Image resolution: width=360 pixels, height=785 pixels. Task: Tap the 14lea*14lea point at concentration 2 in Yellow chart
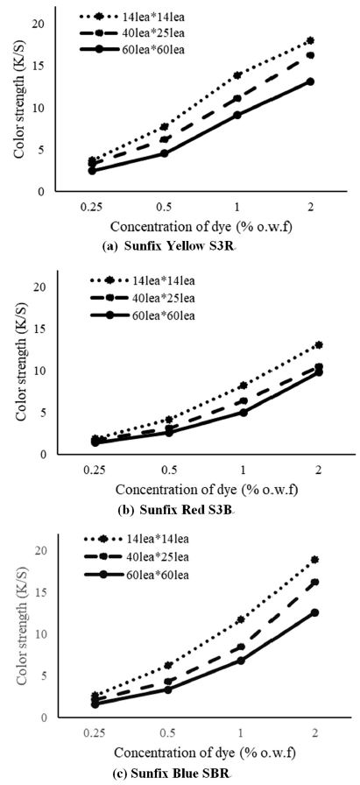pyautogui.click(x=310, y=41)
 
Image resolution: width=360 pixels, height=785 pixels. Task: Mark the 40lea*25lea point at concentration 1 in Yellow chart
pyautogui.click(x=237, y=98)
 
